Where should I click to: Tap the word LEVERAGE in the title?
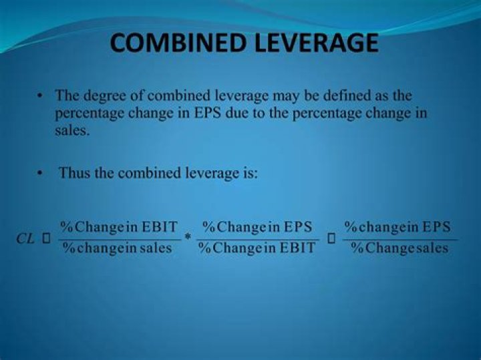pyautogui.click(x=312, y=43)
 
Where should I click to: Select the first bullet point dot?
pyautogui.click(x=41, y=97)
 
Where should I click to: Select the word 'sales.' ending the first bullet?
pyautogui.click(x=71, y=131)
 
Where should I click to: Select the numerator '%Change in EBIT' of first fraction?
pyautogui.click(x=119, y=226)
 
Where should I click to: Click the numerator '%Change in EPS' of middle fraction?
pyautogui.click(x=257, y=226)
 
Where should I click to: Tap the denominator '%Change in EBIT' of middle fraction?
pyautogui.click(x=257, y=249)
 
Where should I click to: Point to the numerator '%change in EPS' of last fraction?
pyautogui.click(x=397, y=226)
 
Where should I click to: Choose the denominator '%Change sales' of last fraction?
pyautogui.click(x=399, y=249)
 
